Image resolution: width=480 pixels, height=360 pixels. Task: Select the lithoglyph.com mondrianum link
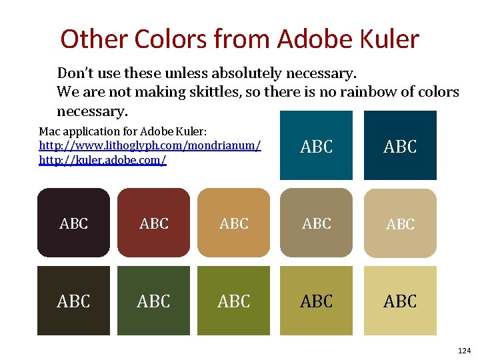(150, 145)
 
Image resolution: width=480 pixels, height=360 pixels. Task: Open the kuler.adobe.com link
(103, 161)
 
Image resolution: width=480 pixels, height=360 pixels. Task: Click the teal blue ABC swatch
(316, 145)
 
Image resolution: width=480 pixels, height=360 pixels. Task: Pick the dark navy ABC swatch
(400, 145)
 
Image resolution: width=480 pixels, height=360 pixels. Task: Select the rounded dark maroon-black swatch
(73, 223)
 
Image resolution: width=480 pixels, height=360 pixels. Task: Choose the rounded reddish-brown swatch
(153, 223)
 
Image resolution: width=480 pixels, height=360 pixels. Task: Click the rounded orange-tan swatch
(233, 223)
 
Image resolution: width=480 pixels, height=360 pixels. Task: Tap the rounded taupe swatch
(316, 223)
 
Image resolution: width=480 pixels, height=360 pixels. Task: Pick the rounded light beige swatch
(400, 223)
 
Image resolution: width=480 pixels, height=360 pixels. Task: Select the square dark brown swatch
(73, 301)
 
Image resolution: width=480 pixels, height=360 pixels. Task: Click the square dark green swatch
(153, 301)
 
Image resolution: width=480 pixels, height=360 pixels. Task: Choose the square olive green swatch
(233, 301)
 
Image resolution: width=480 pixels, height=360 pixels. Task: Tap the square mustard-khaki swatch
(316, 301)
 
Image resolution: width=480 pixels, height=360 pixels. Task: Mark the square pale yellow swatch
(400, 301)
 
